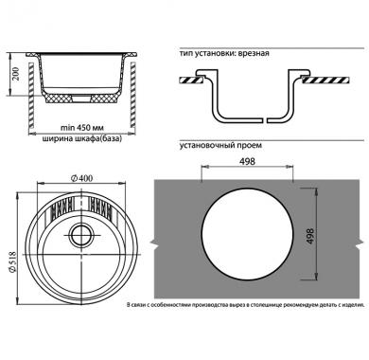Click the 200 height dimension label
(x=16, y=73)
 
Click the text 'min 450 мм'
(x=82, y=128)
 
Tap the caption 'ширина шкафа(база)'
(x=81, y=138)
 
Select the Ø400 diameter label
(x=81, y=178)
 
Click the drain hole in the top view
(x=81, y=235)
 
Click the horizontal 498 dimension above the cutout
(x=247, y=161)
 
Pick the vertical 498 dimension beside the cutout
(x=310, y=236)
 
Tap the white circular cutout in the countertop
(x=247, y=235)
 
